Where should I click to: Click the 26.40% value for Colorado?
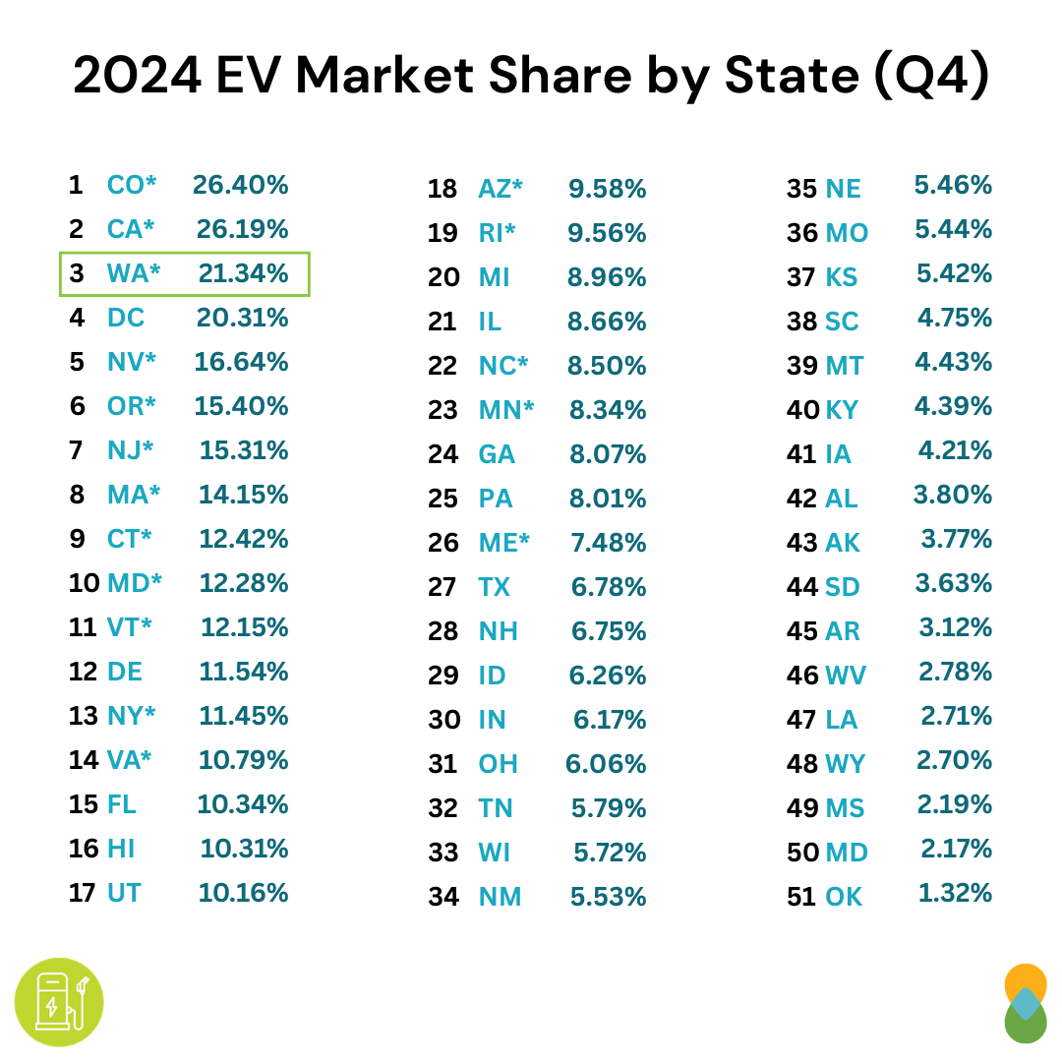pos(240,185)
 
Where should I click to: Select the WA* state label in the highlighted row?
pos(133,273)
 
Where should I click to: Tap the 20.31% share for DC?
pos(241,318)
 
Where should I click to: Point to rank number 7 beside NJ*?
pos(77,450)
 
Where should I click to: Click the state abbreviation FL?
pos(122,804)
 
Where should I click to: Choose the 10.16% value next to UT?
pos(244,893)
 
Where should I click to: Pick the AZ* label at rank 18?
pos(500,189)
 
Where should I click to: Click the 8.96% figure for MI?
pos(607,277)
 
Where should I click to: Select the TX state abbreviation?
pos(494,587)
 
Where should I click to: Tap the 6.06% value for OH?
pos(606,764)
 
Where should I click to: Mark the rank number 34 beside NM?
pos(443,897)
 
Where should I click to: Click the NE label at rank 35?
pos(843,189)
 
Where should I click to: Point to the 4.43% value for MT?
pos(953,362)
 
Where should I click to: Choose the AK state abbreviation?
pos(843,543)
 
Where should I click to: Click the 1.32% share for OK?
pos(955,893)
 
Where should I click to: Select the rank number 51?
pos(802,897)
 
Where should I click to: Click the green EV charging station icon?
pos(59,1002)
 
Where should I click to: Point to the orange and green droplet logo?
pos(1026,1003)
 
